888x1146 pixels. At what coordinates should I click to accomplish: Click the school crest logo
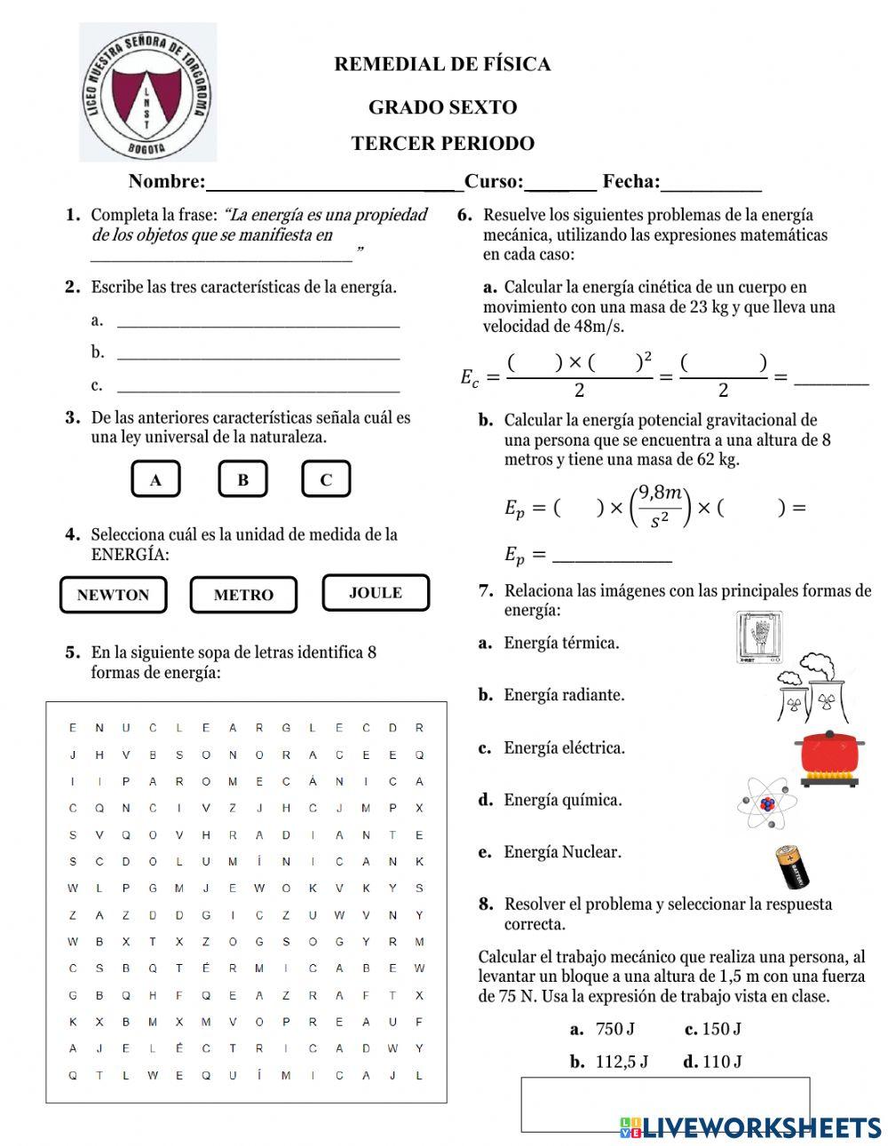point(147,92)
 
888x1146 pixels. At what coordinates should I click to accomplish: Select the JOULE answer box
point(376,593)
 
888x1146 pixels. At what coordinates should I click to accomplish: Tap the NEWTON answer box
point(113,595)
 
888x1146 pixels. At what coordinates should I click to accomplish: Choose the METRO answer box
point(243,595)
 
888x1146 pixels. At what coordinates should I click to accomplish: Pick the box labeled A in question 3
point(155,480)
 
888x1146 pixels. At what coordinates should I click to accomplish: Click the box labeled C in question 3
point(326,479)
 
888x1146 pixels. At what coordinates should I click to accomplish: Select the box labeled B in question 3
point(242,479)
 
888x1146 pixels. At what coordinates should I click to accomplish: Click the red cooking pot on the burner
point(830,757)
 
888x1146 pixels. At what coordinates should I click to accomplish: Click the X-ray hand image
point(760,636)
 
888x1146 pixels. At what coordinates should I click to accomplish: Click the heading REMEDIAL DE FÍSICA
point(442,64)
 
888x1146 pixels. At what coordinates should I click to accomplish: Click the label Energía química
point(562,800)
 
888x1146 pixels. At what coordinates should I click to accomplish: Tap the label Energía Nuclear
point(562,852)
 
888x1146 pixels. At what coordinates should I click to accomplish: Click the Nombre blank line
point(333,183)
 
